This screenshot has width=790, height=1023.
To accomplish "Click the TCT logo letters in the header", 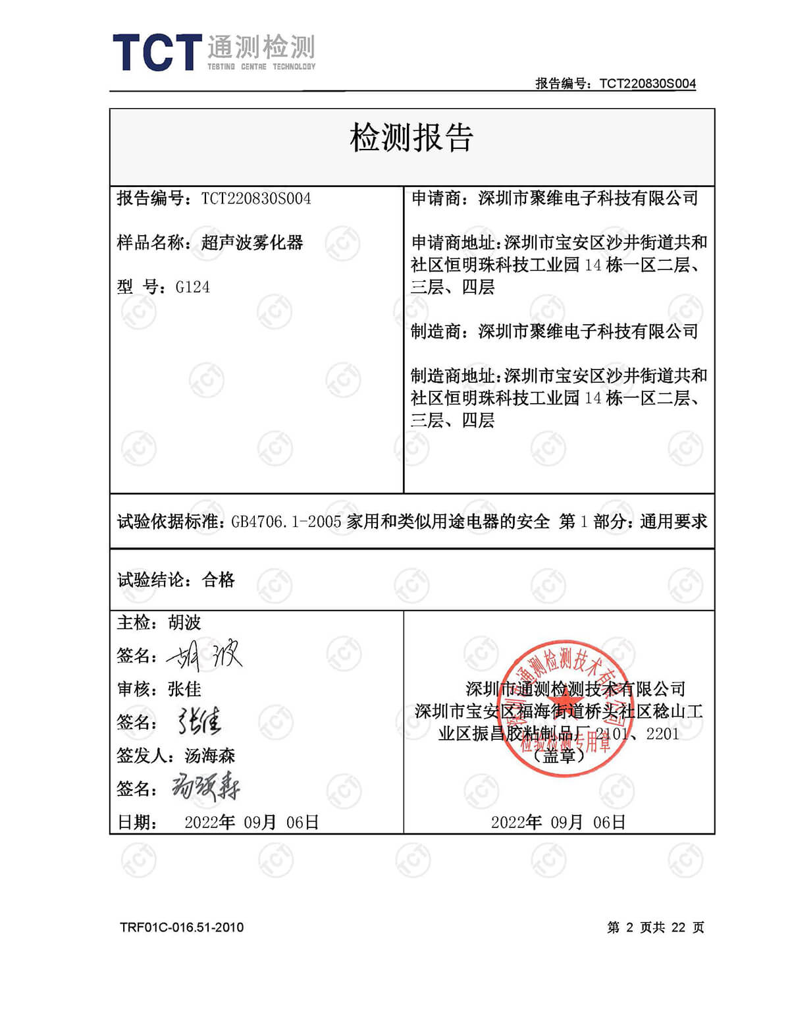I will pos(157,53).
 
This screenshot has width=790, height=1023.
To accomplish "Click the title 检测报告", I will pos(411,138).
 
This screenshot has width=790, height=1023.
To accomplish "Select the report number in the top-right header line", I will pos(647,84).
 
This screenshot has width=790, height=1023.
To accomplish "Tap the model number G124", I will pos(192,287).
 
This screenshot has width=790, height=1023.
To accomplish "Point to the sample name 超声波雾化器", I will pos(252,243).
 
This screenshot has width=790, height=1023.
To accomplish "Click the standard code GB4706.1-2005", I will pos(286,522).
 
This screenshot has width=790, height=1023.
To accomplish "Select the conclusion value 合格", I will pos(219,580).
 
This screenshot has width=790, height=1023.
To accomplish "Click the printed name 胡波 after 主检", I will pos(184,622).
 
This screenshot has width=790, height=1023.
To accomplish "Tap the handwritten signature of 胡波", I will pos(205,655).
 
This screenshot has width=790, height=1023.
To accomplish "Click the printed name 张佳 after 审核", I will pos(184,689).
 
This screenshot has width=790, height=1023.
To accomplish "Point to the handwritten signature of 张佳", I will pos(199,722).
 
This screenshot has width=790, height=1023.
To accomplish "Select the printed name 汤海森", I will pos(209,756).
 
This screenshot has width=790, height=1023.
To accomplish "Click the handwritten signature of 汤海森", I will pos(205,788).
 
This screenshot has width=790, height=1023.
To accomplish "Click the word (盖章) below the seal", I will pos(558,756).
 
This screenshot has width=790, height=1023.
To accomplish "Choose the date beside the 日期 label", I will pos(251,822).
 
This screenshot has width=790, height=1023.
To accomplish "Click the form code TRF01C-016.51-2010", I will pos(182,927).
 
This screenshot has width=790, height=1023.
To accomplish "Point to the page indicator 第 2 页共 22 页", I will pos(655,927).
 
